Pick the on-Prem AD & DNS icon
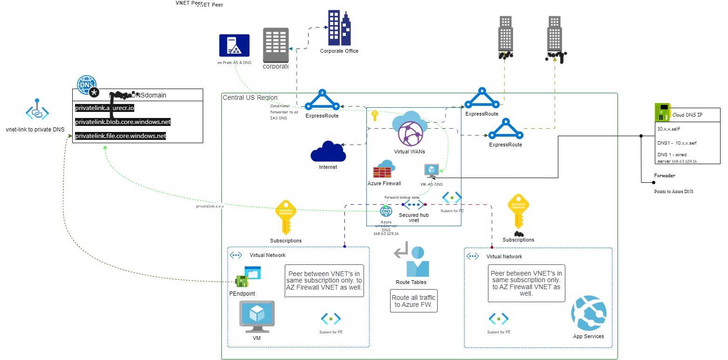point(234,46)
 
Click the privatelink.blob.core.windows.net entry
point(123,122)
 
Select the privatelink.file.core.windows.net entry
point(121,136)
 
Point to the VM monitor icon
point(257,316)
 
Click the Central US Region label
point(250,97)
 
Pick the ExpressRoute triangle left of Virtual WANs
point(322,101)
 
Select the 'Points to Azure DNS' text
point(673,191)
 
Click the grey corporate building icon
point(276,45)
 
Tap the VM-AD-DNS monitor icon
point(431,171)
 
